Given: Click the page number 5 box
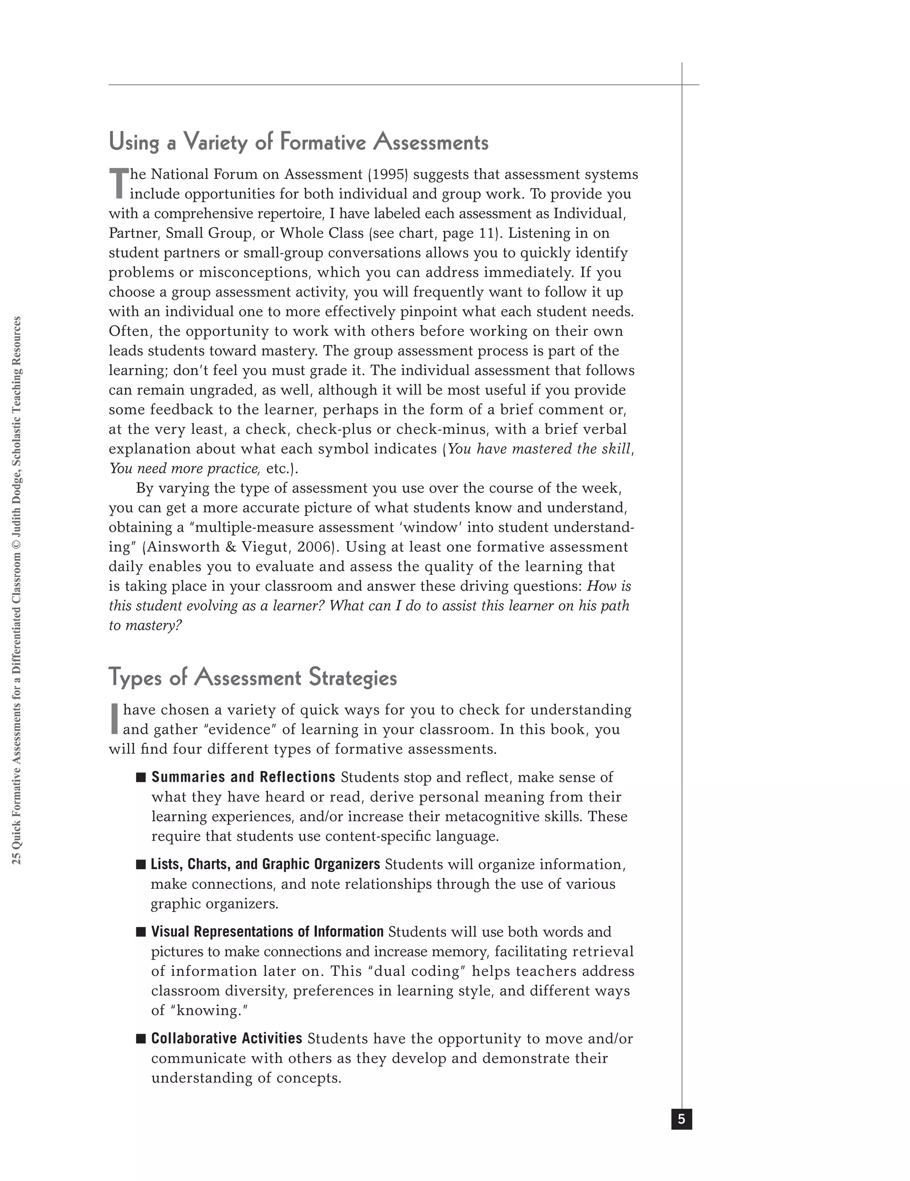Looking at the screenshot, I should tap(681, 1119).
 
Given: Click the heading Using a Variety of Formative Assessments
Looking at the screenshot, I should tap(298, 142).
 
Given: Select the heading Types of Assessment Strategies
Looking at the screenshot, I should tap(253, 678).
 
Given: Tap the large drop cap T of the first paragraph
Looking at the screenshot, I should tap(118, 184).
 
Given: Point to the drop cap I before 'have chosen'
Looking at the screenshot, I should tap(114, 719).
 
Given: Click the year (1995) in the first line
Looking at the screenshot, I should tap(388, 175).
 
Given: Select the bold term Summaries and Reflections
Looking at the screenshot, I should tap(243, 777).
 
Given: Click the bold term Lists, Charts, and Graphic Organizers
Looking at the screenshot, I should tap(265, 864).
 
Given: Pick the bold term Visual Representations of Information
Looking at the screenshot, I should tap(267, 932).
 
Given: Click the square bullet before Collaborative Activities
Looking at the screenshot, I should tap(141, 1039).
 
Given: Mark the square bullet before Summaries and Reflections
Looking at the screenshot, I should tap(141, 778).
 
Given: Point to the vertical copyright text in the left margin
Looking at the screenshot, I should tap(17, 589).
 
